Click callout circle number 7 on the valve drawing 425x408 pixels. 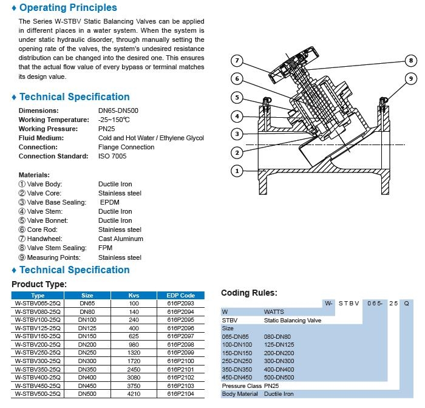point(237,61)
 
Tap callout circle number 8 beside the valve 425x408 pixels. point(411,61)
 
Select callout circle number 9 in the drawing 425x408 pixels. point(411,78)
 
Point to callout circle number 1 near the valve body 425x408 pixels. point(237,171)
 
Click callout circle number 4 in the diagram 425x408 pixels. point(237,116)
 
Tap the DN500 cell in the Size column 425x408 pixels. point(87,393)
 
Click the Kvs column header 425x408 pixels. point(134,295)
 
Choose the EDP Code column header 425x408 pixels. point(180,295)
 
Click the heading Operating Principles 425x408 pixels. point(68,8)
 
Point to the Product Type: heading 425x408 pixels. point(39,284)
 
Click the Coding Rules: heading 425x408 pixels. point(249,293)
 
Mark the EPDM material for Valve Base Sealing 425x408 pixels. point(110,202)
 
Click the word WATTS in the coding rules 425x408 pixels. point(274,310)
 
